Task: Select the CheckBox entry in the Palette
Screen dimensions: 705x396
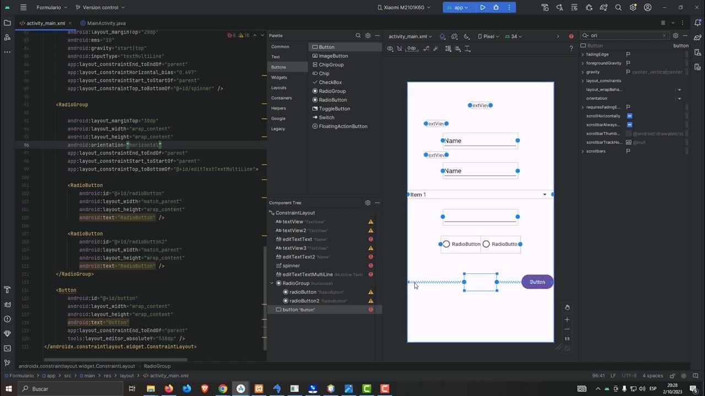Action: (330, 82)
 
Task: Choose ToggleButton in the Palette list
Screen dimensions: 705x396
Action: (334, 108)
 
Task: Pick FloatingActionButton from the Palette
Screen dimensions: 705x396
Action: (343, 126)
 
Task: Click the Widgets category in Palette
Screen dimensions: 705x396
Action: (279, 78)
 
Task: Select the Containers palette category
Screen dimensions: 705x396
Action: (281, 98)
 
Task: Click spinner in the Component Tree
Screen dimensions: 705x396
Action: (291, 266)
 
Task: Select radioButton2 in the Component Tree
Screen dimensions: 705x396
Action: (304, 301)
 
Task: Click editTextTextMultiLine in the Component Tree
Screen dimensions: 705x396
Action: (307, 274)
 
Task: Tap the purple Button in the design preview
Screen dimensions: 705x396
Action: (537, 282)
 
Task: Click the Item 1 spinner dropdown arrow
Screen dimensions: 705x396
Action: (545, 195)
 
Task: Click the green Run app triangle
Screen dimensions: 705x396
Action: (482, 8)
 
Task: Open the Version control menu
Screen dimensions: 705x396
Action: (100, 8)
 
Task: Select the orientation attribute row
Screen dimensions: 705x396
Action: (596, 98)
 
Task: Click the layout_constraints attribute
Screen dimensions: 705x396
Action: (603, 81)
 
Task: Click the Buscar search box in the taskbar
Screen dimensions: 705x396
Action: (66, 389)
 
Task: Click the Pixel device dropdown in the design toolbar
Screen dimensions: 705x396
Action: (489, 36)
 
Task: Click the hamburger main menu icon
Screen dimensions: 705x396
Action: (23, 8)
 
